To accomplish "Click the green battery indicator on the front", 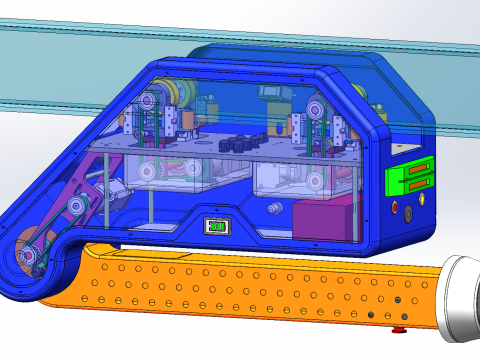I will [x=216, y=225].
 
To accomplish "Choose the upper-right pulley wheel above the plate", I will [x=319, y=109].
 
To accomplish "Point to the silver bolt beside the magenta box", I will [x=274, y=209].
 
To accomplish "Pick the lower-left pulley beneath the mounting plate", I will [x=148, y=173].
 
